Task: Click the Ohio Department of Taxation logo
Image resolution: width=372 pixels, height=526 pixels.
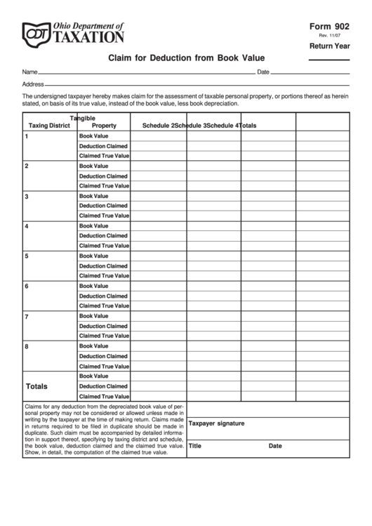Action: (x=73, y=32)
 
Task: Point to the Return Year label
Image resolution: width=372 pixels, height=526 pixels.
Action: (x=329, y=46)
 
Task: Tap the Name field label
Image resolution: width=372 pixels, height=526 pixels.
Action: (x=29, y=72)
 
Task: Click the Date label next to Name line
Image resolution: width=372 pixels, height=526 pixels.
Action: (x=263, y=72)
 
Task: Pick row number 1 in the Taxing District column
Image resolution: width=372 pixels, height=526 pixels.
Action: (x=27, y=136)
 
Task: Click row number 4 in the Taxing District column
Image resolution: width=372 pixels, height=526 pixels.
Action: (x=27, y=226)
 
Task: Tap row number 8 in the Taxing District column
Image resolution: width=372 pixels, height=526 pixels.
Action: (x=27, y=346)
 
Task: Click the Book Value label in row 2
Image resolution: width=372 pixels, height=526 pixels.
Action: (x=93, y=166)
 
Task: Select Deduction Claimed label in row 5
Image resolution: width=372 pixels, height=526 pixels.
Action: (x=103, y=266)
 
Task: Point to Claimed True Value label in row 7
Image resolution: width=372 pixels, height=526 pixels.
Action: (x=104, y=336)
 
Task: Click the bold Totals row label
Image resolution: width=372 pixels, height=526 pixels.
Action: (x=36, y=386)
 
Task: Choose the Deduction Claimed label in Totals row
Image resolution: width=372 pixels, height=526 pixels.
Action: (x=103, y=386)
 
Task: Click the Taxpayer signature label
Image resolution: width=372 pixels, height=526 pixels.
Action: (x=216, y=423)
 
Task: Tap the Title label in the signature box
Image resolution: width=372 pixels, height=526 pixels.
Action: (x=195, y=445)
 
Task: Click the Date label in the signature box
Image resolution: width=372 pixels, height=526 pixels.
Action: (x=275, y=445)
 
